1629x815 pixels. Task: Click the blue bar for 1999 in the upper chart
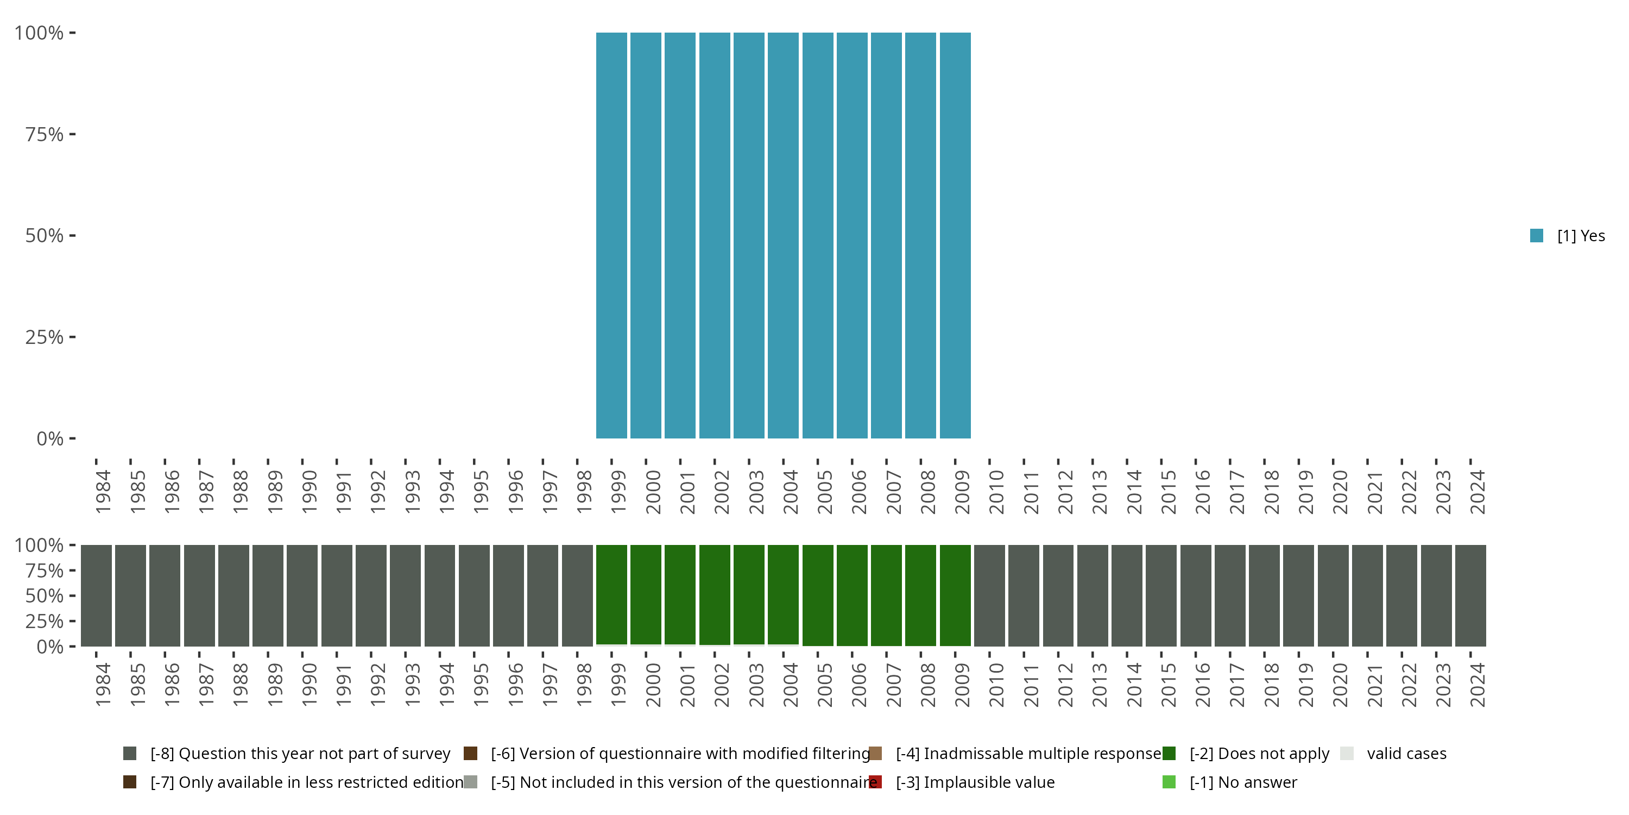pyautogui.click(x=611, y=235)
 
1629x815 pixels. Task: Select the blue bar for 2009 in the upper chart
pyautogui.click(x=955, y=235)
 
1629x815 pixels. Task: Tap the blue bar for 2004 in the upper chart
pyautogui.click(x=783, y=235)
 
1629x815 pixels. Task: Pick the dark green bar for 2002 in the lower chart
pyautogui.click(x=715, y=595)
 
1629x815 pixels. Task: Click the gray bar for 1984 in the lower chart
pyautogui.click(x=96, y=595)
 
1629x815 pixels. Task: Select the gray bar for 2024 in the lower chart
pyautogui.click(x=1470, y=595)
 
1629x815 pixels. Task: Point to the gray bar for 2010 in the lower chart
pyautogui.click(x=989, y=595)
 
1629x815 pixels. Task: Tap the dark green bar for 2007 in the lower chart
pyautogui.click(x=886, y=595)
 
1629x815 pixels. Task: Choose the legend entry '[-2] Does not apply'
pyautogui.click(x=1259, y=754)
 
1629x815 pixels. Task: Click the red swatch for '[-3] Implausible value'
pyautogui.click(x=875, y=782)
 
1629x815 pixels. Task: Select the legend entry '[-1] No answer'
pyautogui.click(x=1242, y=782)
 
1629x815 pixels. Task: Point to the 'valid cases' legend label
pyautogui.click(x=1406, y=754)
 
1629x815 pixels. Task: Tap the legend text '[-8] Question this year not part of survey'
pyautogui.click(x=300, y=754)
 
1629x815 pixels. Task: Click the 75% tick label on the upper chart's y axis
pyautogui.click(x=45, y=134)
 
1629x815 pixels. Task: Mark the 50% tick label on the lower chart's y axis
pyautogui.click(x=45, y=595)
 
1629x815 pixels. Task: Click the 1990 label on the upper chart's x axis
pyautogui.click(x=308, y=492)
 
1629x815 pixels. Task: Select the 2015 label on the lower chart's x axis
pyautogui.click(x=1167, y=685)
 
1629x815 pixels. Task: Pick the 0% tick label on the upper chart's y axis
pyautogui.click(x=50, y=438)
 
